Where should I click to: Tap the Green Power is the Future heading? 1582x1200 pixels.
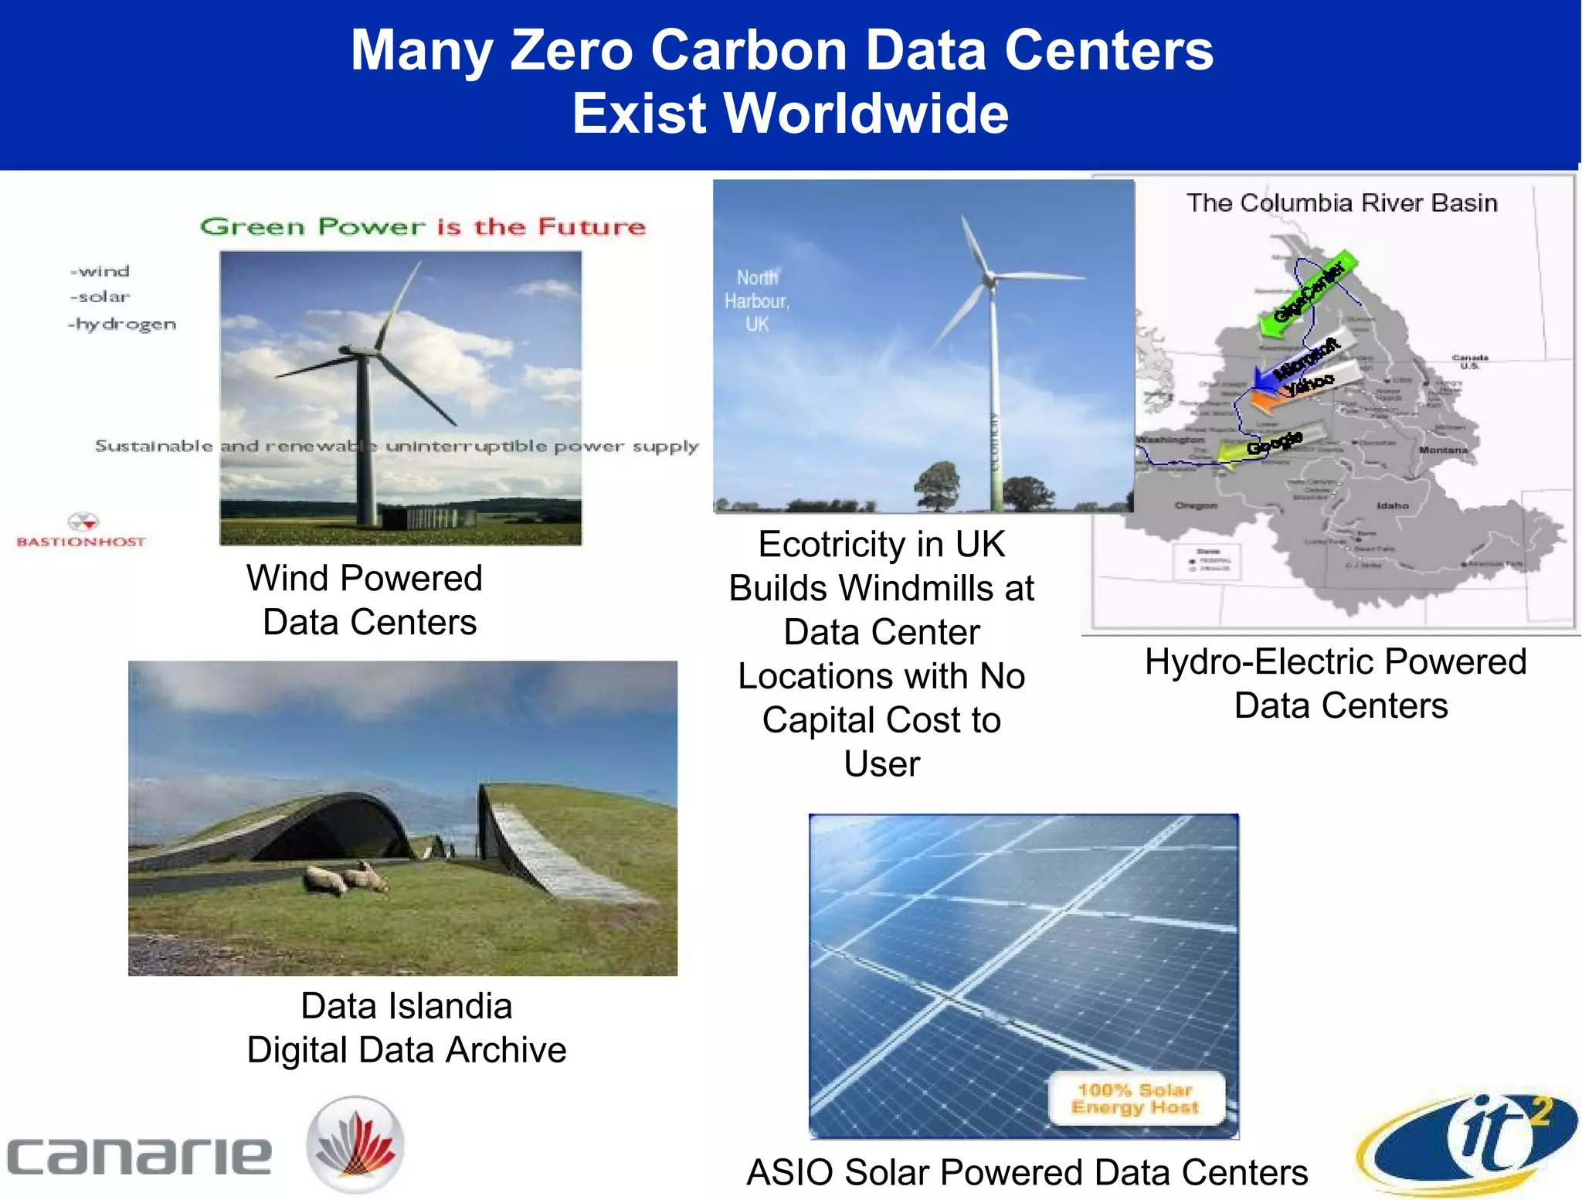pos(423,226)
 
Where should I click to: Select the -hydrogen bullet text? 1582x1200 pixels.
pos(122,325)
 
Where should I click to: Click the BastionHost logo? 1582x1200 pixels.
pos(82,530)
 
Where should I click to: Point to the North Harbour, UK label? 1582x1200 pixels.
pos(756,301)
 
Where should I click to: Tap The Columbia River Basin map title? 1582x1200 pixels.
pos(1342,203)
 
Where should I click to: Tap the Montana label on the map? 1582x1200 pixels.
pos(1442,450)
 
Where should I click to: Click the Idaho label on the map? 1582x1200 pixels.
pos(1392,505)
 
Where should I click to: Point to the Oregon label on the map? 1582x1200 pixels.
pos(1195,505)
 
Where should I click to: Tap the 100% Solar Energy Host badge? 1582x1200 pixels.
pos(1136,1098)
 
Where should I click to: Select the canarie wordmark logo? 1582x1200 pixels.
pos(139,1155)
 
